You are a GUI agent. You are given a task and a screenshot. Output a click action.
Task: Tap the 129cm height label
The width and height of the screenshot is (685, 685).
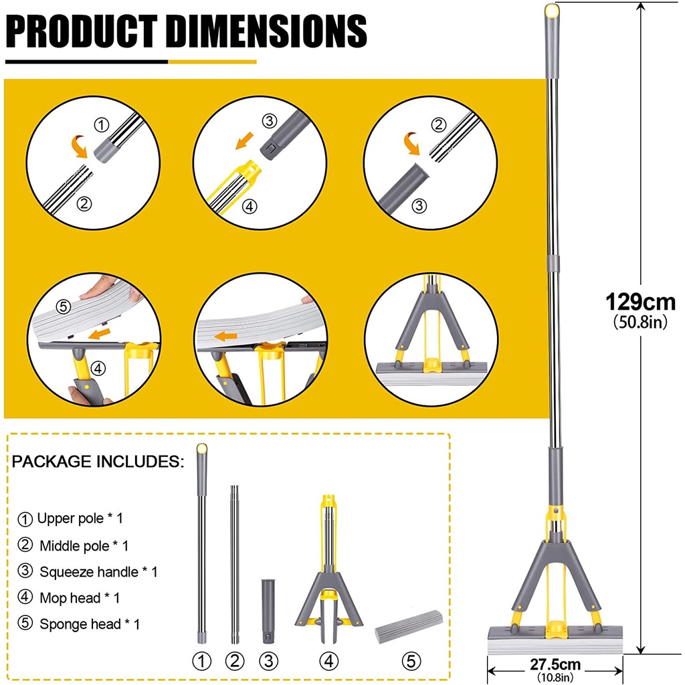pos(640,302)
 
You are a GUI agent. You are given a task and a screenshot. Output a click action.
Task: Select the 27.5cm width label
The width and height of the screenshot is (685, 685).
pos(555,664)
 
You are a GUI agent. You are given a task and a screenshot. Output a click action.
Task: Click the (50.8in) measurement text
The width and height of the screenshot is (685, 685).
pos(640,322)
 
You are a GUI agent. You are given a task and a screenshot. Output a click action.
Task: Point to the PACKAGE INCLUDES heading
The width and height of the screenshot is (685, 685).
pos(98,462)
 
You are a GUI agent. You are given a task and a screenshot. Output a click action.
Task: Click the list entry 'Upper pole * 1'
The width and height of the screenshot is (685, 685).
pos(70,518)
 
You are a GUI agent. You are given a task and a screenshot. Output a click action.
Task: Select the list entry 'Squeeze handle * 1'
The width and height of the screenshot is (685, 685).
pos(88,572)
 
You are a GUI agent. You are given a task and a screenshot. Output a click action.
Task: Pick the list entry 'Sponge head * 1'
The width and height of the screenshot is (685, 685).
pos(79,624)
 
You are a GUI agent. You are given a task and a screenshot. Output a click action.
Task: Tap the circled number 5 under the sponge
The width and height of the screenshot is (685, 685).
pos(411,661)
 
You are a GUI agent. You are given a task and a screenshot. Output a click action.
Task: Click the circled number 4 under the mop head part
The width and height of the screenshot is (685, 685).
pos(329,661)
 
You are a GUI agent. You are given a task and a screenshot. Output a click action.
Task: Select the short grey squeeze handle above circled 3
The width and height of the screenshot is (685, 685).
pos(269,611)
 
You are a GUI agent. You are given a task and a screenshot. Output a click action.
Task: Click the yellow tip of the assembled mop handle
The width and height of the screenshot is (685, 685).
pos(552,9)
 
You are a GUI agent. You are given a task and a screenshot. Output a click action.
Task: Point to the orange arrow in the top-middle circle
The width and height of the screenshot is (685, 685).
pos(245,140)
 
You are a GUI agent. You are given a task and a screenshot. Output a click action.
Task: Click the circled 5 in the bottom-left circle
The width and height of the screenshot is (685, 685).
pos(64,306)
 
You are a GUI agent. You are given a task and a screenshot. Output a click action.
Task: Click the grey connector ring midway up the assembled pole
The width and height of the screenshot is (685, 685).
pos(553,264)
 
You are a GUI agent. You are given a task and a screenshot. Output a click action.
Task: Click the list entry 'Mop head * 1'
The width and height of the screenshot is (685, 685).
pos(69,597)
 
